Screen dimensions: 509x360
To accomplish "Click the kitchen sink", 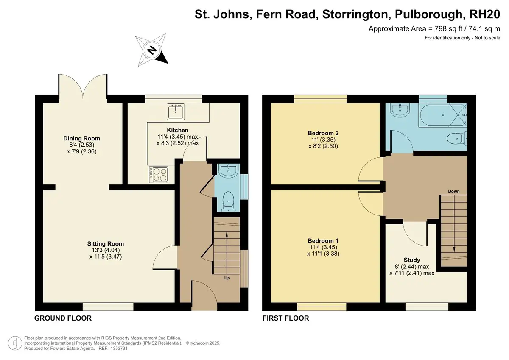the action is [176, 112].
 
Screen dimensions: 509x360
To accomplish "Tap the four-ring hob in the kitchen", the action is [159, 175].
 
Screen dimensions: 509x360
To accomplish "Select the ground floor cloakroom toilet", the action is [228, 201].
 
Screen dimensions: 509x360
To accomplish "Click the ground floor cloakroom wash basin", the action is [228, 170].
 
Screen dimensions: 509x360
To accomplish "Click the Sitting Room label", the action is [106, 244].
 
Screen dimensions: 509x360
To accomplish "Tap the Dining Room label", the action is [81, 138].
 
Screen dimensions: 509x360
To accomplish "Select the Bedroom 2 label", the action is [323, 133].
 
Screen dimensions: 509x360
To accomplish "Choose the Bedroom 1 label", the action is [323, 241].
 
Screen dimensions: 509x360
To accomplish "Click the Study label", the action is [412, 260].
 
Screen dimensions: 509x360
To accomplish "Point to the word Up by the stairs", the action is [227, 278].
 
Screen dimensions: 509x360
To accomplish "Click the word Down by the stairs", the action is [454, 191].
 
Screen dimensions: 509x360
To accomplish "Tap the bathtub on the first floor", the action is [442, 115].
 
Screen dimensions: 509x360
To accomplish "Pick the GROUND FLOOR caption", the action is [63, 318].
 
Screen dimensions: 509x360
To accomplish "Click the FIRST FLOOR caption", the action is [285, 318].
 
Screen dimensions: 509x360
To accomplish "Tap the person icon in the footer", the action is [15, 343].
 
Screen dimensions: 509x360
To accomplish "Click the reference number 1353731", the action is [119, 349].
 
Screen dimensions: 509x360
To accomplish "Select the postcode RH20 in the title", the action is [485, 14].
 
